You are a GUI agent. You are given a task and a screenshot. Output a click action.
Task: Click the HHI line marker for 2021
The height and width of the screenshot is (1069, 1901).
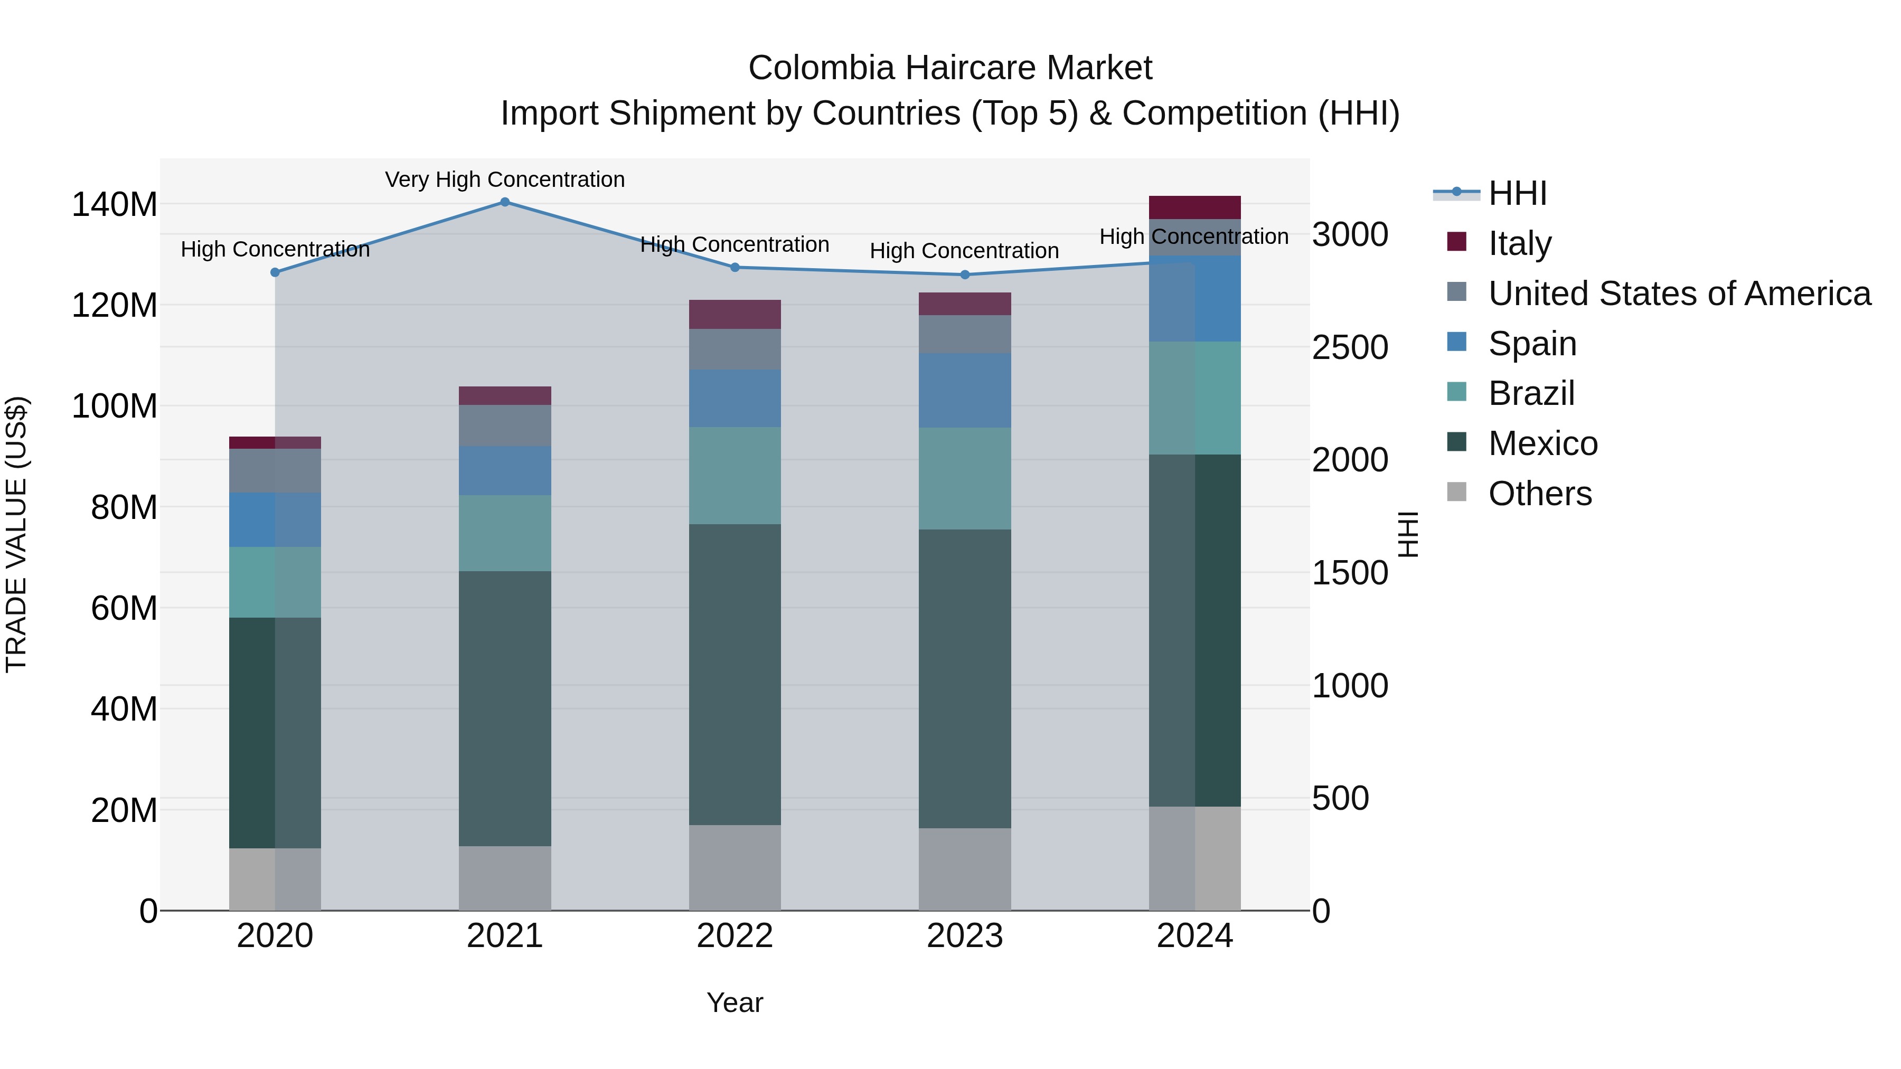(505, 202)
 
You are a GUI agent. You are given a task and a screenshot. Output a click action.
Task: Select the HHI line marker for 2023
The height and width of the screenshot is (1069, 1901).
(965, 275)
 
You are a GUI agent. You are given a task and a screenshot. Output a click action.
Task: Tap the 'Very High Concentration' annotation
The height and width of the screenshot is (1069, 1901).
(505, 179)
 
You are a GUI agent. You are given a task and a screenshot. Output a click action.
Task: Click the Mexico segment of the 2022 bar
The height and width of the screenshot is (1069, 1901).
(735, 674)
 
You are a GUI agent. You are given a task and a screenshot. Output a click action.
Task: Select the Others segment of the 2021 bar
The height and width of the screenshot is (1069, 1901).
(505, 878)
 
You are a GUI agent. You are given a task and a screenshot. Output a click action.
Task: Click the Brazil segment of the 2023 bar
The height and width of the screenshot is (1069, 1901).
(965, 478)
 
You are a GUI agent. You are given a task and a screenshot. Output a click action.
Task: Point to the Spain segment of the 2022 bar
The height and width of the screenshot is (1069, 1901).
(735, 399)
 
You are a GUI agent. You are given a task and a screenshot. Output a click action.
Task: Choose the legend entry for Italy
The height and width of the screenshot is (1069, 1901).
(1519, 243)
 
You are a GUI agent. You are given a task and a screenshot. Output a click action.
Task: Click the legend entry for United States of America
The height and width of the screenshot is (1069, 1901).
(1679, 293)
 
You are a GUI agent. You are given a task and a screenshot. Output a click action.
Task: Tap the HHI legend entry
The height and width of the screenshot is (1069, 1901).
(1517, 193)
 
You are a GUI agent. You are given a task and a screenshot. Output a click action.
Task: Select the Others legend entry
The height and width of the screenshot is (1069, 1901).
(1539, 493)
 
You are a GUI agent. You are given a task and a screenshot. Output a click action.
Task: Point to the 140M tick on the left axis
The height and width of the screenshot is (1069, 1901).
(115, 204)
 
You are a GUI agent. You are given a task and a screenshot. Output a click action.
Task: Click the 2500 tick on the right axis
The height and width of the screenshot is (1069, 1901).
(1350, 347)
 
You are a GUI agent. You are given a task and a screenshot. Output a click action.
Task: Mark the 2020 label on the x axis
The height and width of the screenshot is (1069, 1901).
(275, 936)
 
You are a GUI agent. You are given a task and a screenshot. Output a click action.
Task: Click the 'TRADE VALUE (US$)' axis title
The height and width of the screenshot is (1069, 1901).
(16, 534)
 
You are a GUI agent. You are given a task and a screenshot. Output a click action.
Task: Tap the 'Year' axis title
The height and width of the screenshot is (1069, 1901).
(735, 1002)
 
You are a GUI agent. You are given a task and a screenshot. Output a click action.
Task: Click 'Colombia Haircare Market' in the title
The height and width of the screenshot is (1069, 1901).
(950, 68)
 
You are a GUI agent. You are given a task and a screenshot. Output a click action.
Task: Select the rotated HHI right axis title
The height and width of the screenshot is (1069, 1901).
(1408, 534)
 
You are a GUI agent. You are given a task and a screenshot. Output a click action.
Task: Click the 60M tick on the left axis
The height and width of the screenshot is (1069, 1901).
(124, 609)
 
